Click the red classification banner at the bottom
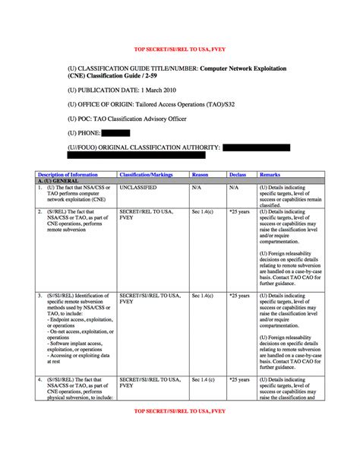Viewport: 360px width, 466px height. point(179,411)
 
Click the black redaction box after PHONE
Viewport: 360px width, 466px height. point(115,133)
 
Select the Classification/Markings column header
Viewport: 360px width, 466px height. point(145,175)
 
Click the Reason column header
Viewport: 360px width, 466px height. point(200,175)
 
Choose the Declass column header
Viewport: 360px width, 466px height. point(238,175)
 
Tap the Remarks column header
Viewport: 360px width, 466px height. point(270,175)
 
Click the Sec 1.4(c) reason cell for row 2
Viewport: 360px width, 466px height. point(202,211)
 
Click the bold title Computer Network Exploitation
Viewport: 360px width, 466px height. point(248,68)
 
